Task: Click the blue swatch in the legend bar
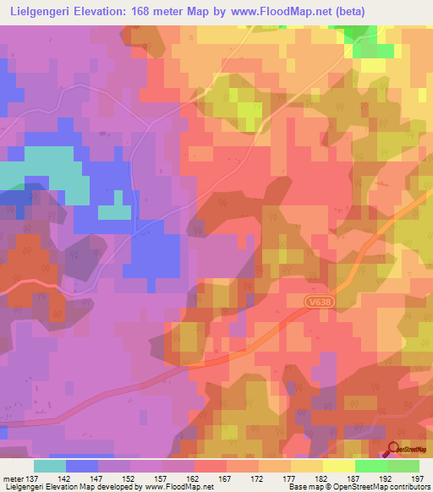point(82,466)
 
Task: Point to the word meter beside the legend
point(14,478)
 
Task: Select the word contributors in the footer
point(408,488)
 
